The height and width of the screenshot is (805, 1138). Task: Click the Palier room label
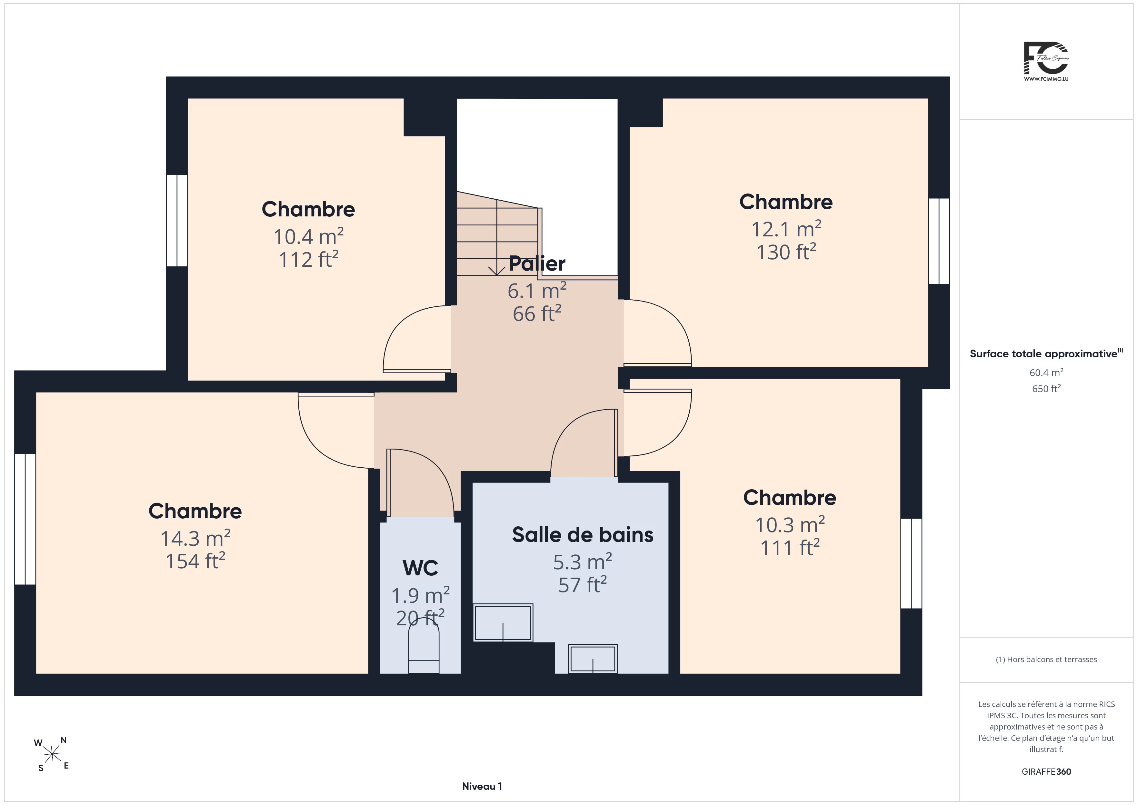(x=537, y=264)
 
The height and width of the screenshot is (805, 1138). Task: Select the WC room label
(x=420, y=568)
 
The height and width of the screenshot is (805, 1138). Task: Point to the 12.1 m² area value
(x=786, y=229)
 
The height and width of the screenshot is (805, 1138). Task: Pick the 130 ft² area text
(x=786, y=252)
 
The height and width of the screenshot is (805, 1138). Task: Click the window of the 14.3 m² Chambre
(x=25, y=519)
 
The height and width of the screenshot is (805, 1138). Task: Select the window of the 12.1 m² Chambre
(x=939, y=241)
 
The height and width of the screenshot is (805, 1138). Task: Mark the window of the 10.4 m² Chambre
(x=177, y=221)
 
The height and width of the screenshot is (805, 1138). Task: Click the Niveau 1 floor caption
(x=482, y=786)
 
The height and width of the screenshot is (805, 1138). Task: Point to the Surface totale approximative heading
(x=1046, y=353)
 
